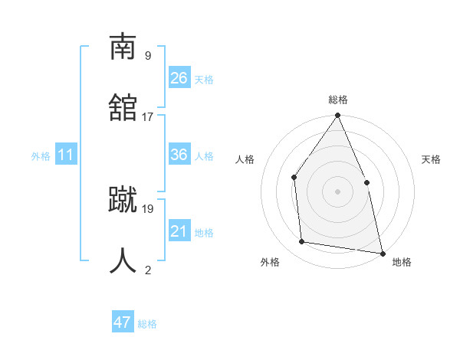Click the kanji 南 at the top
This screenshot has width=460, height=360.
click(x=123, y=47)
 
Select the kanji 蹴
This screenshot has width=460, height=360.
click(x=123, y=199)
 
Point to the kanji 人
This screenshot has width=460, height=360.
click(x=123, y=260)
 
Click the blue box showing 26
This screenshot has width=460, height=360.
click(x=179, y=77)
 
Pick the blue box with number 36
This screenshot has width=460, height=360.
click(x=179, y=155)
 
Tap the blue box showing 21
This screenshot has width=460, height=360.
click(x=179, y=231)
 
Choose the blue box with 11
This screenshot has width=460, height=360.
click(x=66, y=155)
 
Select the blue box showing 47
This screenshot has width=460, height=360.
click(x=123, y=322)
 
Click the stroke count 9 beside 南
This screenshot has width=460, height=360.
click(x=147, y=56)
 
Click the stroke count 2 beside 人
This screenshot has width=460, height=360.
click(x=147, y=269)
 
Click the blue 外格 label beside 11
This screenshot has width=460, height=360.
click(x=41, y=156)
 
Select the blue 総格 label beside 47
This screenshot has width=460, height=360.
click(x=147, y=324)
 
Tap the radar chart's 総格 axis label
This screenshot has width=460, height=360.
click(x=338, y=100)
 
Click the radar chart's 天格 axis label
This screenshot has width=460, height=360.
click(x=431, y=159)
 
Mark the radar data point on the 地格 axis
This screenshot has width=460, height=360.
click(x=382, y=253)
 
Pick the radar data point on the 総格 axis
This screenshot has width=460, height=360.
click(x=337, y=116)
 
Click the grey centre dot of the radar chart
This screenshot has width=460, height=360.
click(x=337, y=191)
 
